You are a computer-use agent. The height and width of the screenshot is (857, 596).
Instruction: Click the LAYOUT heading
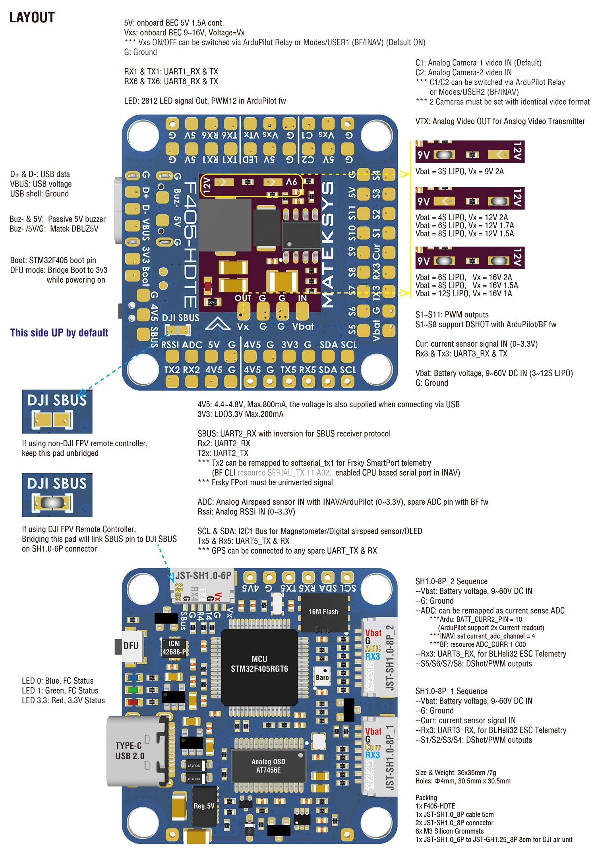(32, 17)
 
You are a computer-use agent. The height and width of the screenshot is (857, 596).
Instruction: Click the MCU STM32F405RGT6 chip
(259, 664)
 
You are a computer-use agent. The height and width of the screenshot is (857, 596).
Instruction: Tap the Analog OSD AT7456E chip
(268, 766)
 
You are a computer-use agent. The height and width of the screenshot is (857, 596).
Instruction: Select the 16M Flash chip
(323, 612)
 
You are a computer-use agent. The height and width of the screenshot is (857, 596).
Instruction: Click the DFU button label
(131, 645)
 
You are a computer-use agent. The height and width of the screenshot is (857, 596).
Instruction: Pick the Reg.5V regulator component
(204, 806)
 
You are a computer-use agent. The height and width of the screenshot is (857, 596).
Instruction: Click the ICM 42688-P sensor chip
(174, 647)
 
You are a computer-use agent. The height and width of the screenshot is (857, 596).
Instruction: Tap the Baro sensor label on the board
(322, 677)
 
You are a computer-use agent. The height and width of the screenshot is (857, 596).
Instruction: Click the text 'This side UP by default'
(59, 333)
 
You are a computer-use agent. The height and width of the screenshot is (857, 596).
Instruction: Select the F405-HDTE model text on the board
(191, 245)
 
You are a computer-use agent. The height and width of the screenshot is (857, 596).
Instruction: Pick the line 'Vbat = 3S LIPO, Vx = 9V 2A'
(459, 171)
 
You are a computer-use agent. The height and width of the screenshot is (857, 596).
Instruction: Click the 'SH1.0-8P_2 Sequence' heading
(451, 581)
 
